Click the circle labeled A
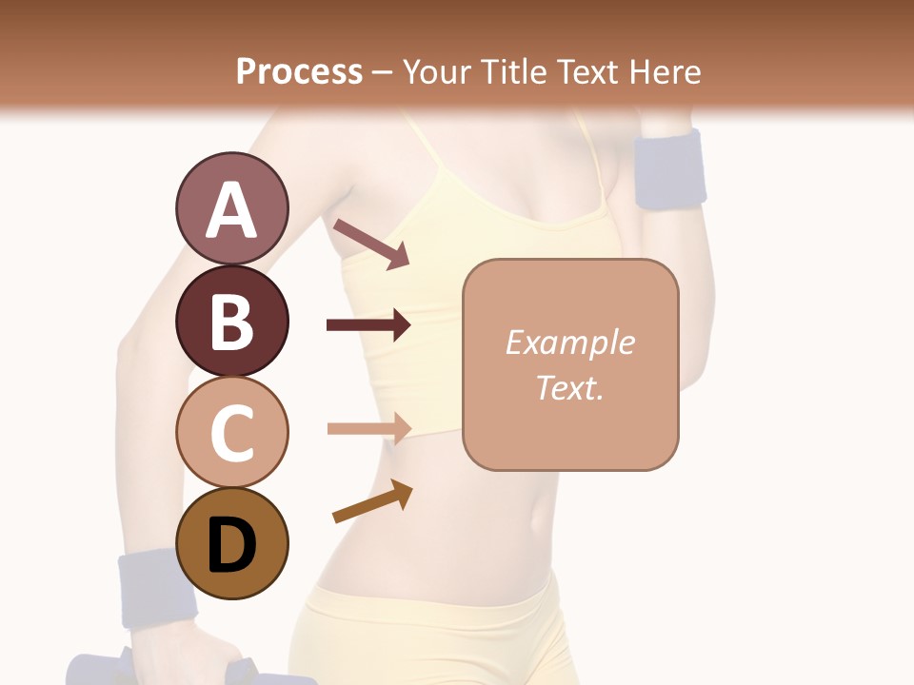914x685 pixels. pos(231,209)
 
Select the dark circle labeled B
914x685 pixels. pos(231,322)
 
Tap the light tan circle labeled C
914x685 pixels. pos(231,433)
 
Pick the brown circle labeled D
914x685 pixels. pos(231,544)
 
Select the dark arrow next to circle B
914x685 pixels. pos(368,325)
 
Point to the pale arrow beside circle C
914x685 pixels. pos(368,428)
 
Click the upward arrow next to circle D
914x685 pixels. pos(372,502)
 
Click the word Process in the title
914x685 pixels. pos(299,71)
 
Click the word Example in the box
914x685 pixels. pos(569,342)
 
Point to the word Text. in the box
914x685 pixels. pos(569,387)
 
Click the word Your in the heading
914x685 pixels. pos(435,71)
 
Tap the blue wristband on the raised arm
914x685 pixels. pos(670,168)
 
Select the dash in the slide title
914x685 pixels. pos(382,72)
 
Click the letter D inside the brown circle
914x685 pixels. pos(231,546)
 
